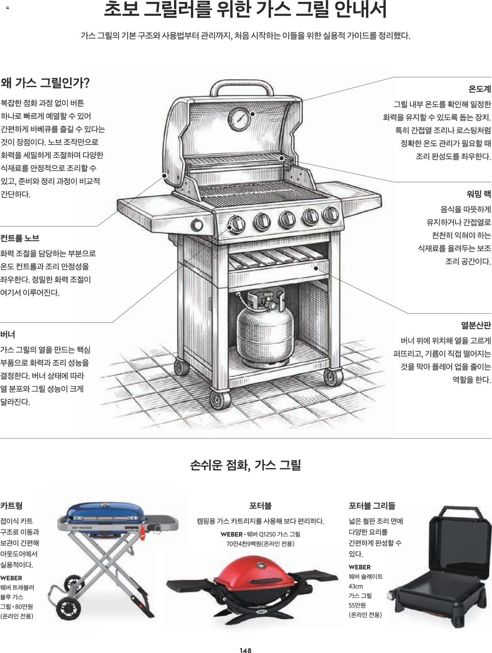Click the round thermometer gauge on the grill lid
tap(239, 119)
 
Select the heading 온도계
tap(479, 89)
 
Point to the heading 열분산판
tap(476, 325)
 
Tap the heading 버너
tap(8, 334)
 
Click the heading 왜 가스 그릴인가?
tap(45, 83)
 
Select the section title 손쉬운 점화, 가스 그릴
tap(245, 465)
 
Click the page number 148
tap(245, 650)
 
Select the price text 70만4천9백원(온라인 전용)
tap(260, 544)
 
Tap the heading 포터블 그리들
tap(372, 506)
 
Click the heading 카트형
tap(11, 506)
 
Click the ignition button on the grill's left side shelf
tap(197, 225)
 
